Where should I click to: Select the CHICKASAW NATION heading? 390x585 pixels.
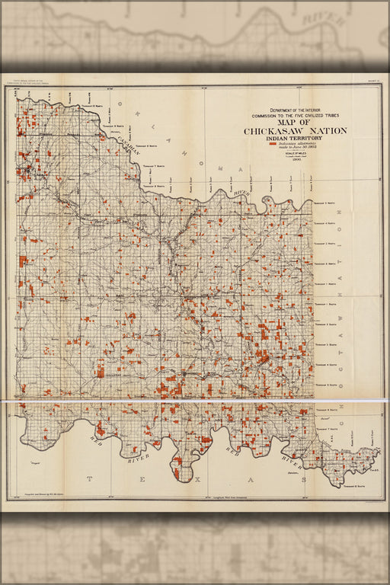[x=295, y=131]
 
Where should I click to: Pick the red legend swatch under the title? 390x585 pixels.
[x=273, y=143]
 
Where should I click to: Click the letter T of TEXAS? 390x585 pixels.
[x=88, y=479]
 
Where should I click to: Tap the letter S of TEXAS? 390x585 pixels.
[x=303, y=480]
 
